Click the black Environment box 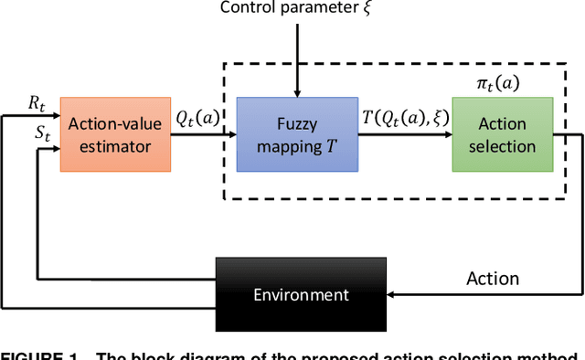(302, 294)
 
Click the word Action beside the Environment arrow (492, 278)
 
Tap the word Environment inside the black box (302, 294)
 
